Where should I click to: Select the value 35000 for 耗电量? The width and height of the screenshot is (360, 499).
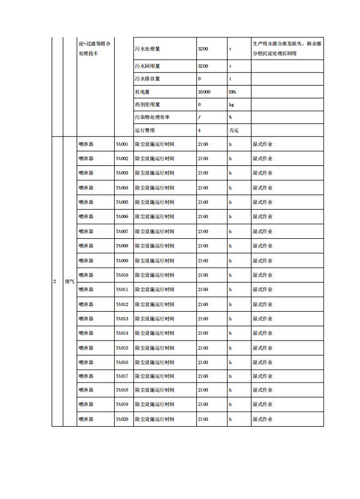(x=204, y=92)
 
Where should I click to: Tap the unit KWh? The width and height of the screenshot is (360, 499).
(x=232, y=92)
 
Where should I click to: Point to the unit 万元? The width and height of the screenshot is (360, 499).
(x=234, y=130)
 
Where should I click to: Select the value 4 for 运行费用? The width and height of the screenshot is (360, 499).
(x=199, y=130)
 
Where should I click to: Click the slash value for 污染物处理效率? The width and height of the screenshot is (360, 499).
(x=199, y=117)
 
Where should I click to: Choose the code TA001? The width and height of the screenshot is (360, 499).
(x=122, y=144)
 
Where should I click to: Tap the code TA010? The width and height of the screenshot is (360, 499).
(x=122, y=275)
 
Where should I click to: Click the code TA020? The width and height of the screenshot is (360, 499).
(x=122, y=419)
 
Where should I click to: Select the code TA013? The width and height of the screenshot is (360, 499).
(x=122, y=319)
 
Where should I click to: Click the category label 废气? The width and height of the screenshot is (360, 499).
(x=69, y=282)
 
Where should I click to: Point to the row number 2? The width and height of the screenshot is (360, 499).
(x=55, y=282)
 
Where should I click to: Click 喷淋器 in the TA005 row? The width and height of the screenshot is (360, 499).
(x=86, y=202)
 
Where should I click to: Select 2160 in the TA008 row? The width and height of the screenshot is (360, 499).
(x=203, y=246)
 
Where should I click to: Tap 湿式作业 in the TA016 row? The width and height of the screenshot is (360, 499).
(x=262, y=362)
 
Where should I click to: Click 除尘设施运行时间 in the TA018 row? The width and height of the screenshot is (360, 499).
(x=154, y=390)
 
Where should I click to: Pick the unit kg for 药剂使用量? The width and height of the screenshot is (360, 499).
(x=231, y=105)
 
